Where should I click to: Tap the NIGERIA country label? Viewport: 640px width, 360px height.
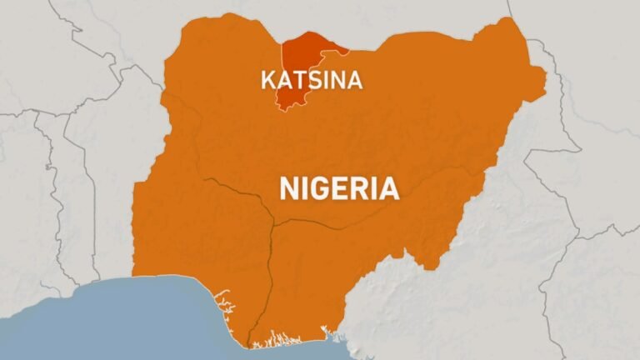pyautogui.click(x=338, y=187)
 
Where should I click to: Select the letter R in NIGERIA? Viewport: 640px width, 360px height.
pyautogui.click(x=358, y=187)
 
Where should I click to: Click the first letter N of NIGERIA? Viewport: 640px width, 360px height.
pyautogui.click(x=287, y=187)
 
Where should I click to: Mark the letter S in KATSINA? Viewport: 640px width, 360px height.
pyautogui.click(x=306, y=80)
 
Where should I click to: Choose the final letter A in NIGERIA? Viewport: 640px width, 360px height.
pyautogui.click(x=387, y=187)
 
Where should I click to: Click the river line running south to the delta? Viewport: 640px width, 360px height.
pyautogui.click(x=268, y=275)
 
